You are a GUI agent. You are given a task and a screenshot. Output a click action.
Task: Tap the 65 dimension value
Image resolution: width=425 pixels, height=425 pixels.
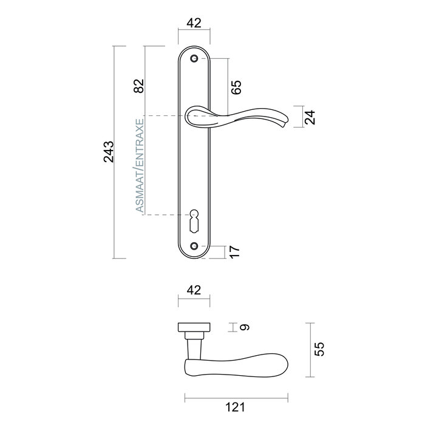tap(237, 87)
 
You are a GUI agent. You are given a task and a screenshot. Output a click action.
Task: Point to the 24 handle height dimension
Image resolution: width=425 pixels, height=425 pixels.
tap(310, 117)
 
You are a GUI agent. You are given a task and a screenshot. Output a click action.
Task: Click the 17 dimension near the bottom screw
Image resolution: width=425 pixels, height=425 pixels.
tap(236, 251)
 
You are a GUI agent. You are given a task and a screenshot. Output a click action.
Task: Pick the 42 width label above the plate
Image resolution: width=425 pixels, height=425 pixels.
tap(194, 24)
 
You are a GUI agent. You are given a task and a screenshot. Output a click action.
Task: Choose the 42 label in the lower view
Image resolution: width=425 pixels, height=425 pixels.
tap(194, 291)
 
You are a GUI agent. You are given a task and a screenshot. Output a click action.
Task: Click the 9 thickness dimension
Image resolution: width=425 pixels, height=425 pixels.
tap(244, 327)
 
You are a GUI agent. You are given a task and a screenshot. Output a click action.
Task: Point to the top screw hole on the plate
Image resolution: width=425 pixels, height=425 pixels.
tap(194, 59)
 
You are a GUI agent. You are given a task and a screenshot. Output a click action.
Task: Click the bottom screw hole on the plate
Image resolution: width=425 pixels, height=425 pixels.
tap(194, 246)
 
